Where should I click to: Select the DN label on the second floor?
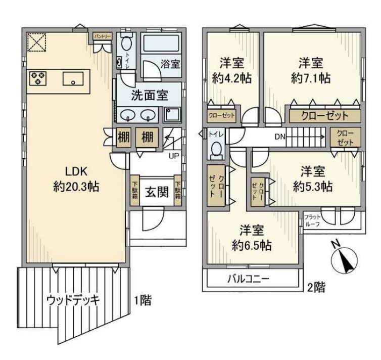pos(280,136)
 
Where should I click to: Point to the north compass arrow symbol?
pos(345,257)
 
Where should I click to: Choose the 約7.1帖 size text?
pos(311,78)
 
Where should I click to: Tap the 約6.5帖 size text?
pos(252,245)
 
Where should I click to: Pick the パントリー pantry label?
pos(100,36)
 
